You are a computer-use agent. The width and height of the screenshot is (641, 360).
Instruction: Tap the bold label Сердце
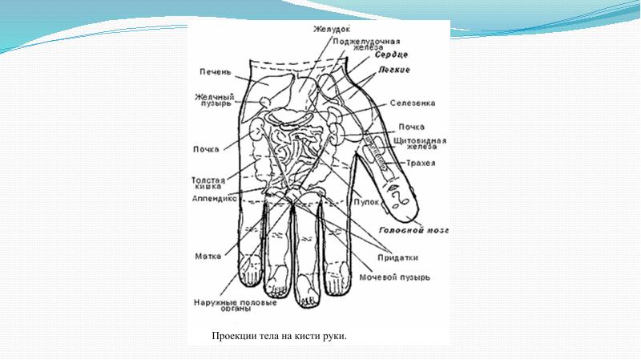click(391, 55)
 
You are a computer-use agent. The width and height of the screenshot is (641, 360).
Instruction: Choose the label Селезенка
click(413, 103)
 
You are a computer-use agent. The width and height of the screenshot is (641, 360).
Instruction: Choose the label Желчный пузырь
click(214, 99)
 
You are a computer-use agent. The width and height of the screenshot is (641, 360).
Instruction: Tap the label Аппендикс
click(212, 197)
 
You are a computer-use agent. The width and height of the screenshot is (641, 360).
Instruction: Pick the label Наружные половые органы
click(235, 305)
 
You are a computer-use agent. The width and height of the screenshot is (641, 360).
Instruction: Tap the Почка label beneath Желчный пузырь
click(206, 148)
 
